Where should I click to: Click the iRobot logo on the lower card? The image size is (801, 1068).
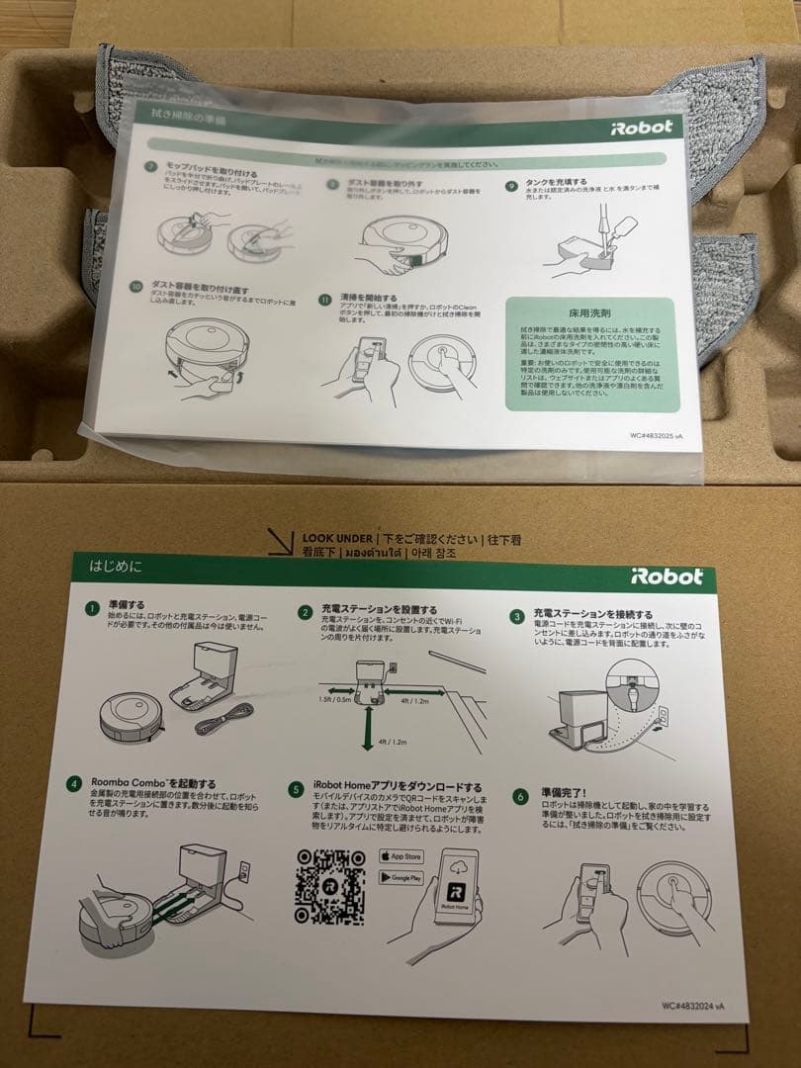pyautogui.click(x=667, y=576)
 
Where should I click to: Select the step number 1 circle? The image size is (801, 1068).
pyautogui.click(x=92, y=607)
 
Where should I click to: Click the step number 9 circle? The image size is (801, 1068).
pyautogui.click(x=511, y=185)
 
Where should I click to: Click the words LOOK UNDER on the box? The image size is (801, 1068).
pyautogui.click(x=337, y=539)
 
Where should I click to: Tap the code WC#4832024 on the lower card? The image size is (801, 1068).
pyautogui.click(x=698, y=1006)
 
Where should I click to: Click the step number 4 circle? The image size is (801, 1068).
pyautogui.click(x=73, y=784)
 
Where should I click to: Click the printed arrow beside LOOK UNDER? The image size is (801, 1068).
pyautogui.click(x=283, y=542)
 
